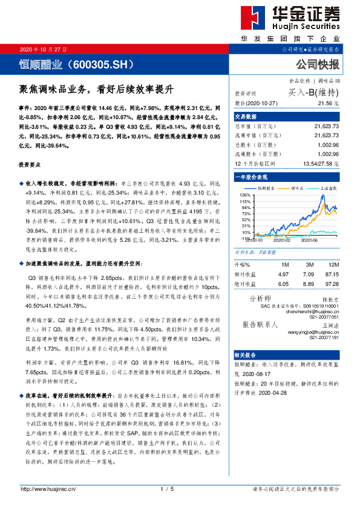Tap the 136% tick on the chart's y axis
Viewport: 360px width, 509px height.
[x=243, y=195]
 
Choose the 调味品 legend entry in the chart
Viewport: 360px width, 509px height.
[x=299, y=188]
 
